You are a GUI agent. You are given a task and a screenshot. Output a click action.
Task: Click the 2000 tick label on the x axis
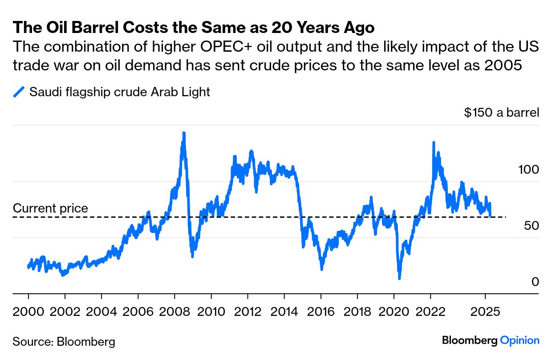[x=29, y=311]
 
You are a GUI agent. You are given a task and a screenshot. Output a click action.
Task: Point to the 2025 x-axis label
[x=485, y=311]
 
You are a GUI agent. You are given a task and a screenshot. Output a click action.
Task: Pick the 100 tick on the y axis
[x=528, y=170]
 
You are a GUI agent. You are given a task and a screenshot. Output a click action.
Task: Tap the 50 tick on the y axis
[x=532, y=226]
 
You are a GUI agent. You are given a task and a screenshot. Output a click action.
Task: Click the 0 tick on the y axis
[x=535, y=282]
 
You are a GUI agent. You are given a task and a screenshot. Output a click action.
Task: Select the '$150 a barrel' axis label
[x=501, y=112]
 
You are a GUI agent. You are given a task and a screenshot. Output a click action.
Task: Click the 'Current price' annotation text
[x=50, y=208]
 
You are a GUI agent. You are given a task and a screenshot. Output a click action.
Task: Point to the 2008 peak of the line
[x=183, y=133]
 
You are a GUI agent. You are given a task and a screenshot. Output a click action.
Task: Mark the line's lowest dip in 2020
[x=399, y=278]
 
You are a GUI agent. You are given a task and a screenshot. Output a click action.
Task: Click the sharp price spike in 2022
[x=433, y=143]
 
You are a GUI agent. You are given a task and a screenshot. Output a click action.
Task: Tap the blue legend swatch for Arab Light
[x=19, y=92]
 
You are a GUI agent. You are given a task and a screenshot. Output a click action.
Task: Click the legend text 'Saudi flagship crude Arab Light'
[x=119, y=92]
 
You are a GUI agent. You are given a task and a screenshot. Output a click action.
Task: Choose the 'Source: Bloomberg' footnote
[x=64, y=342]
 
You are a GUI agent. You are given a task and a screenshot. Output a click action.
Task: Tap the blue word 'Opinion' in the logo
[x=520, y=340]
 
